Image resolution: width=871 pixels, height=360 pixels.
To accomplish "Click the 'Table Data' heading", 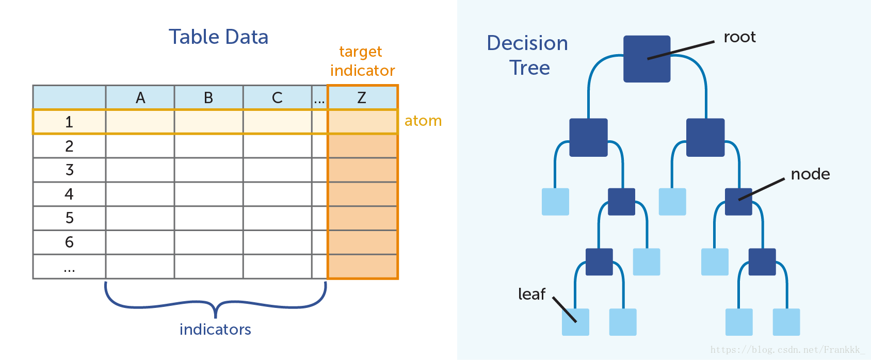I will click(x=218, y=37).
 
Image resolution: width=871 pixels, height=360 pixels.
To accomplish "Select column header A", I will click(x=140, y=97).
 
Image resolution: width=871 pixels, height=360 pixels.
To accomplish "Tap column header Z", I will click(x=362, y=97).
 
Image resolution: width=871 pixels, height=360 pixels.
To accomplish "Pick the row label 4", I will click(x=69, y=194).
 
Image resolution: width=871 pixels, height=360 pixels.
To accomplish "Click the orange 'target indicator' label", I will click(x=362, y=61).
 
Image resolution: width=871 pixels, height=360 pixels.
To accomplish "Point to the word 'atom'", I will click(x=423, y=121).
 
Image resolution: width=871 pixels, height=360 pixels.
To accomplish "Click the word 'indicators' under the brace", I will click(x=215, y=329).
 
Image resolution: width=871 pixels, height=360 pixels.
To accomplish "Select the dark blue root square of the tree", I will click(x=647, y=59).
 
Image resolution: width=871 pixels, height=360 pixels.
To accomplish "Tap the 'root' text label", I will click(x=739, y=37).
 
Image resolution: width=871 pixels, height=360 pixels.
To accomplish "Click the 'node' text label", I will click(x=810, y=174).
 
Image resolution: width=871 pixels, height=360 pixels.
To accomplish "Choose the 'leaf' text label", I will click(x=531, y=294).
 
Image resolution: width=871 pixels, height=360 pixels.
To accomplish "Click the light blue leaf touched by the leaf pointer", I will click(x=575, y=322).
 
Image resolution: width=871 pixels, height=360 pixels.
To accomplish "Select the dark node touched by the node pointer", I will click(x=738, y=202).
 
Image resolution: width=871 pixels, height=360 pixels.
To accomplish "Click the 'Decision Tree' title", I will click(x=528, y=55).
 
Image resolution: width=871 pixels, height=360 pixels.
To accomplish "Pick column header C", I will click(x=277, y=97).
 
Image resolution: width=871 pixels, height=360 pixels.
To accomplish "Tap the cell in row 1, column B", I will click(x=208, y=122).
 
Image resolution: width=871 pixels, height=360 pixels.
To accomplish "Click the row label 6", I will click(x=69, y=242).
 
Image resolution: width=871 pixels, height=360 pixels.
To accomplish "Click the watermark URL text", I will click(x=787, y=350).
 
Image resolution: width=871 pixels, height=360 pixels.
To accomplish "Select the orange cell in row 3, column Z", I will click(x=362, y=170).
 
